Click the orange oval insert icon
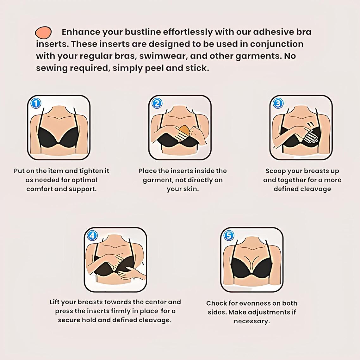(x=43, y=32)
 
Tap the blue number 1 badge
(x=36, y=103)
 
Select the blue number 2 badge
(x=157, y=103)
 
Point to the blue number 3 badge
(x=278, y=103)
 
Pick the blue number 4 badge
(x=92, y=235)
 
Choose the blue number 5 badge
(x=228, y=235)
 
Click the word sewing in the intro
(x=52, y=68)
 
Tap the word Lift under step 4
(x=54, y=302)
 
